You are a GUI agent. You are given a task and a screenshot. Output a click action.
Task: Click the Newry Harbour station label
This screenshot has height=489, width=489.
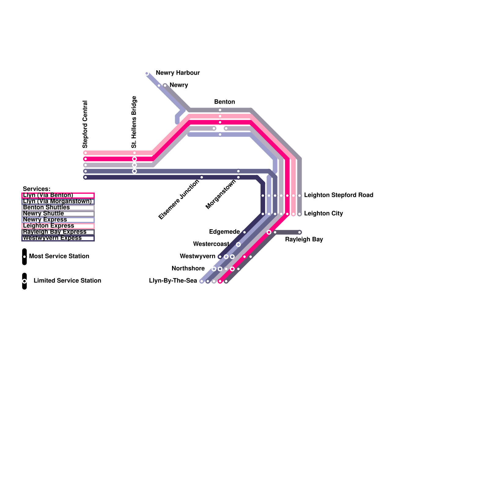pos(178,73)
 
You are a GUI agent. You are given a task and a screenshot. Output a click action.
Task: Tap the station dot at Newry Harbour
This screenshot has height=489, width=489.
pos(147,73)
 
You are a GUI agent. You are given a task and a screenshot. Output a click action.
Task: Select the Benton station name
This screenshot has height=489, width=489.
pos(225,102)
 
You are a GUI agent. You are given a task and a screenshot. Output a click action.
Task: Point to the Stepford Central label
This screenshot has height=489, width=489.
pos(85,124)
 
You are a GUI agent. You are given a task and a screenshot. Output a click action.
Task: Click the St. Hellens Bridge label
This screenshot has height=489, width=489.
pos(134,122)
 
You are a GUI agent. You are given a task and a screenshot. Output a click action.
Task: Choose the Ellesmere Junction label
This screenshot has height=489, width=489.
pos(179,199)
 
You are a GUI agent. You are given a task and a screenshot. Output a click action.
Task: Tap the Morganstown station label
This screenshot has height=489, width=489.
pos(221,194)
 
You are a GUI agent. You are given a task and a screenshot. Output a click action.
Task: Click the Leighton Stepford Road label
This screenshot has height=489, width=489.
pos(339,195)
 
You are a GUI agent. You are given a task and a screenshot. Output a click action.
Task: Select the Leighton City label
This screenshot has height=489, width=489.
pos(323,213)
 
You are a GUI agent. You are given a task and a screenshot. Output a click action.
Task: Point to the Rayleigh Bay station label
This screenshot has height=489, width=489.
pos(304,239)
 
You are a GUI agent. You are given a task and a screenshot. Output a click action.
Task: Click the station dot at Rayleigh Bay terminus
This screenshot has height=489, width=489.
pos(300,232)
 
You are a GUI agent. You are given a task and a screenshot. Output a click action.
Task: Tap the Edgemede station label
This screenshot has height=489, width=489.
pos(224,232)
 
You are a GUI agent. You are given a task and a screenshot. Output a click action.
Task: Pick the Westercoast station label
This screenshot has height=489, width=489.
pos(211,244)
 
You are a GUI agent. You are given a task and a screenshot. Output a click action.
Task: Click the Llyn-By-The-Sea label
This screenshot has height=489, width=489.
pos(173,281)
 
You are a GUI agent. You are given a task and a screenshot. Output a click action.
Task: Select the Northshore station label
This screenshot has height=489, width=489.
pos(188,268)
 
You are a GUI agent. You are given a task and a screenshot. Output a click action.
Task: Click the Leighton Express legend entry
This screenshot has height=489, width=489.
pos(58,226)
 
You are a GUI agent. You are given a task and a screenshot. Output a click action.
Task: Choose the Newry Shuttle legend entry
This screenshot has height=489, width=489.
pos(58,214)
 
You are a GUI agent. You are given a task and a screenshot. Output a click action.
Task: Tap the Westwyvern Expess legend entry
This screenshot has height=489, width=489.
pos(58,238)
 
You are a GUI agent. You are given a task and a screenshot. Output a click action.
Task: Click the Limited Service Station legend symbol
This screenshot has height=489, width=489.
pos(24,281)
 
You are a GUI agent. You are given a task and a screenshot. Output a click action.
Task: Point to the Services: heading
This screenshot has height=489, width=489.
pos(37,189)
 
